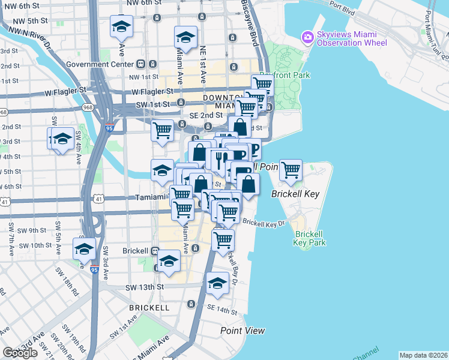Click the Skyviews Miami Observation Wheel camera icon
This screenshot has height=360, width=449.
click(308, 37)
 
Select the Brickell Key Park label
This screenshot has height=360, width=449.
click(309, 238)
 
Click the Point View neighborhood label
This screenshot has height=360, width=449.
click(243, 331)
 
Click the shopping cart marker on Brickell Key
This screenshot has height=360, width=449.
click(291, 170)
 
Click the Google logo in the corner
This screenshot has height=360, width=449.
click(20, 353)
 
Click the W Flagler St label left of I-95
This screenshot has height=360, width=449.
click(65, 91)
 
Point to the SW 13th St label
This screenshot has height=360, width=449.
click(145, 287)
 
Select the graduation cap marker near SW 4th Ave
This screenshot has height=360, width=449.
click(62, 139)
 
